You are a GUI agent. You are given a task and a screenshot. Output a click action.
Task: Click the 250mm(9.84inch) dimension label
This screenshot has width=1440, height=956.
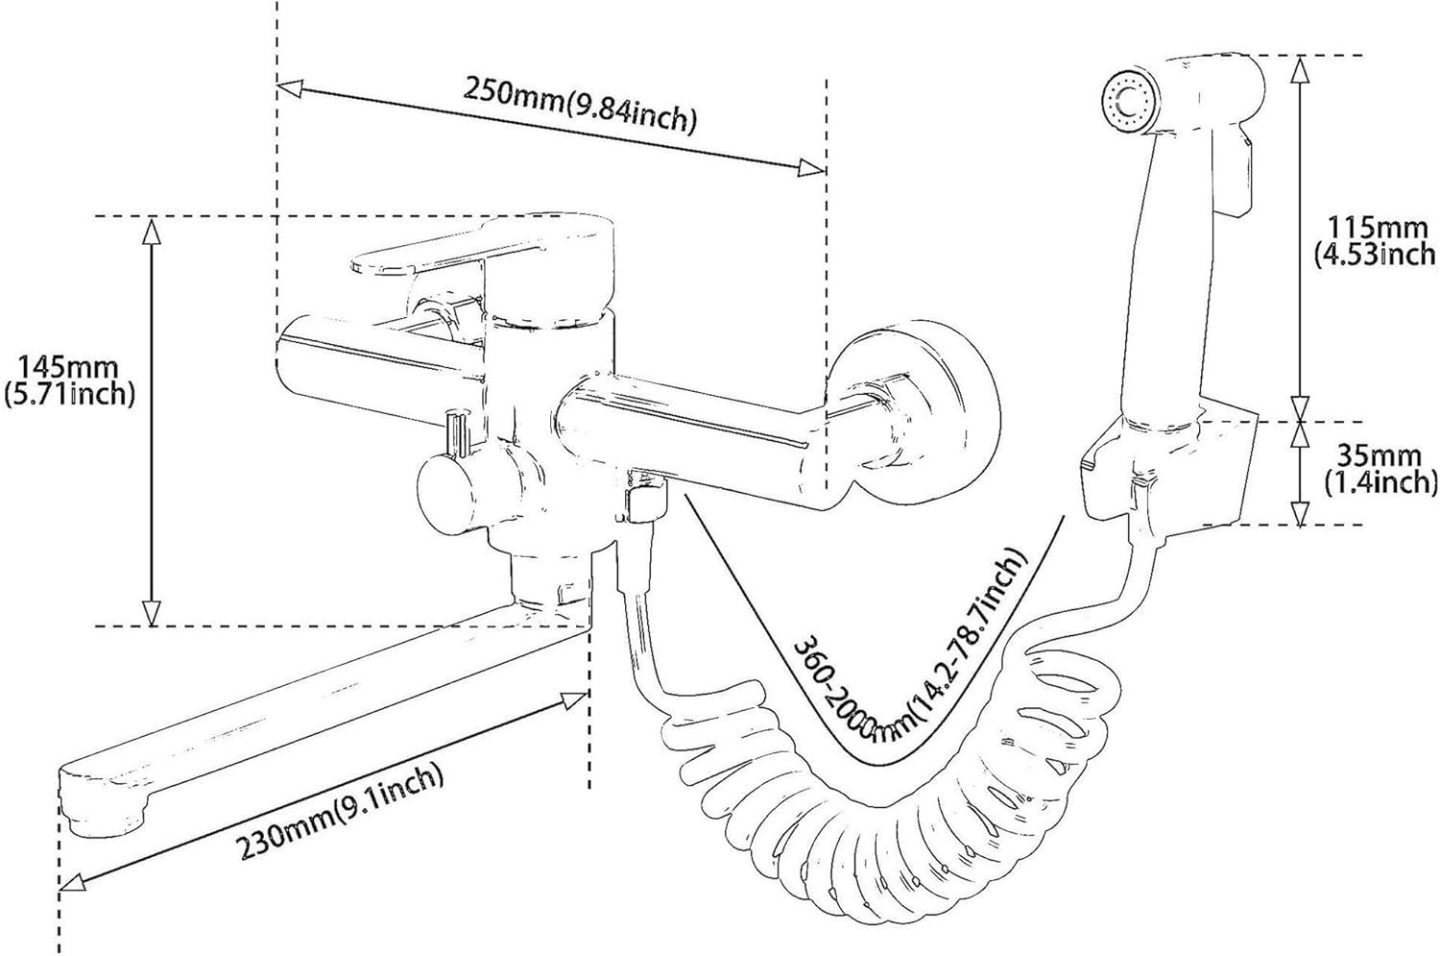(x=580, y=103)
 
